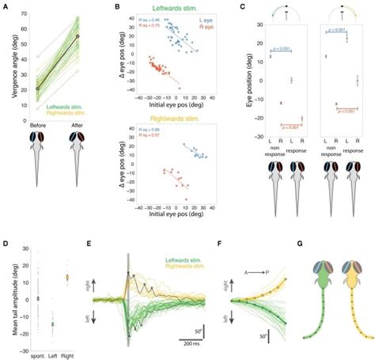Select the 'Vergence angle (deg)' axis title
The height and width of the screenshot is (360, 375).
point(7,71)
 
